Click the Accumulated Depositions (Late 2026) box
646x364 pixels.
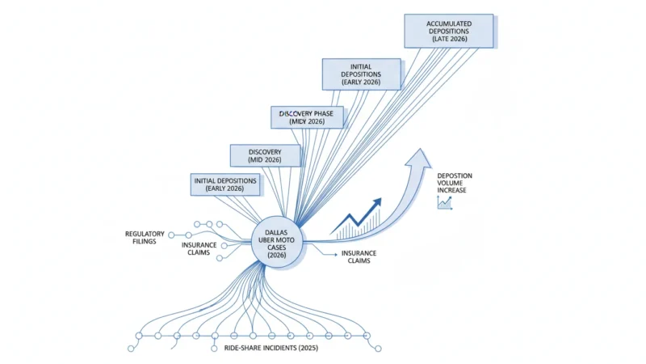[449, 31]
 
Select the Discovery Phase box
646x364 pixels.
[307, 117]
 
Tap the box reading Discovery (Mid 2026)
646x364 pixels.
[265, 155]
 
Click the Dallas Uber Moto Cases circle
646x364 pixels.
[276, 242]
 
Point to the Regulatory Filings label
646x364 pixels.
[145, 237]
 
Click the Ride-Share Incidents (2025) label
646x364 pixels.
[271, 348]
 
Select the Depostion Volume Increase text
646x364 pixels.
[455, 183]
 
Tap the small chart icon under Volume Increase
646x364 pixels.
[445, 203]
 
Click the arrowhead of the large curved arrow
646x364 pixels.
[418, 158]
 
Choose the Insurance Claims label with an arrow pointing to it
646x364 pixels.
[359, 256]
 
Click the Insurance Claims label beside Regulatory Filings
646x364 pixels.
[199, 248]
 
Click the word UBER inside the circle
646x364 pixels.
[266, 239]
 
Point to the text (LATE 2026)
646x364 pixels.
[449, 39]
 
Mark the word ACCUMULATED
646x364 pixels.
[449, 23]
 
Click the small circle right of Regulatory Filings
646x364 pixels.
[171, 235]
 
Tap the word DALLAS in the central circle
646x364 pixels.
[276, 232]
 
